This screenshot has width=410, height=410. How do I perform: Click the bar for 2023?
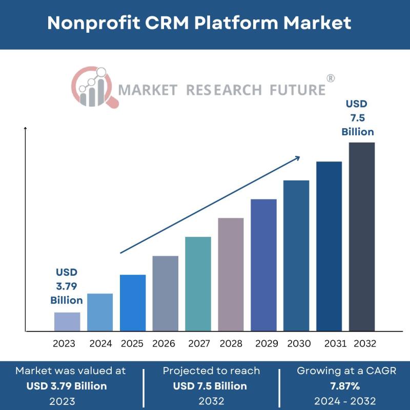tap(67, 321)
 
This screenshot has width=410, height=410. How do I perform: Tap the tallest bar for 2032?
tap(362, 236)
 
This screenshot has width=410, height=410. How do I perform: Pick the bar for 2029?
tap(263, 264)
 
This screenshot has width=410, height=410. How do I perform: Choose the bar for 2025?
tap(133, 302)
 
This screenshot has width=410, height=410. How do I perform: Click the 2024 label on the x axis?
tap(100, 343)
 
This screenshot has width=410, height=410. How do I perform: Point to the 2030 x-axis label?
tap(299, 343)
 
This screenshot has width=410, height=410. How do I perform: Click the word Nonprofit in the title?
tap(94, 23)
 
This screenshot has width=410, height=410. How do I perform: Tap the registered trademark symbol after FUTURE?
tap(331, 78)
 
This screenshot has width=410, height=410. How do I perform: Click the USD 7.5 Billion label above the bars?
tap(358, 118)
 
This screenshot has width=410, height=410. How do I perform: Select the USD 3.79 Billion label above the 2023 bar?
tap(67, 286)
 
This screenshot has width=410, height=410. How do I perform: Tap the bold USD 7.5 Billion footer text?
tap(210, 385)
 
